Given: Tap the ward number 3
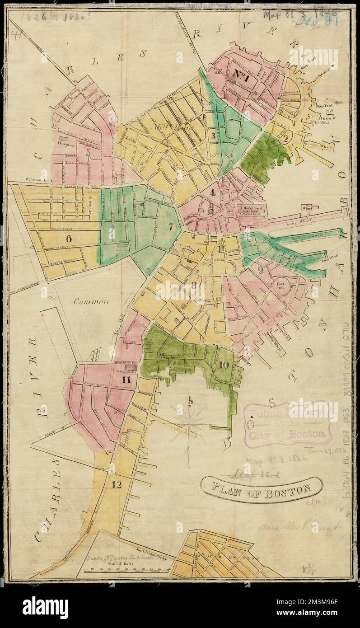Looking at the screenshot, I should (x=211, y=134).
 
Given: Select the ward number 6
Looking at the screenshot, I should (x=69, y=238).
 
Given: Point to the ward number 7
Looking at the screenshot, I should (x=171, y=225).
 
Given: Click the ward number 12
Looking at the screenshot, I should (x=117, y=485).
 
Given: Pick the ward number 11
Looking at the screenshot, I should (x=126, y=380).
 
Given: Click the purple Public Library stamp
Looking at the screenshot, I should (x=288, y=424).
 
